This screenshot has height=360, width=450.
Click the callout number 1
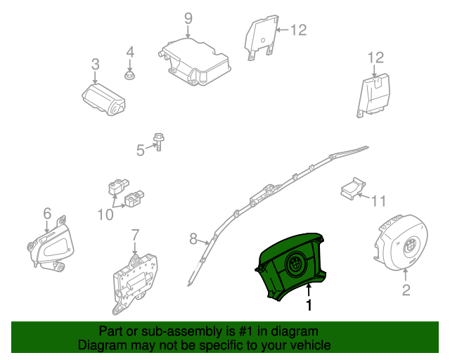308,306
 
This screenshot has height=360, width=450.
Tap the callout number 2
406,290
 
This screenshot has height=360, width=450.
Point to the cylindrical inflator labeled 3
103,99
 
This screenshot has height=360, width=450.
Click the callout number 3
96,65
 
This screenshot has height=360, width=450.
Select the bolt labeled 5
160,144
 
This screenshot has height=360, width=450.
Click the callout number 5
140,149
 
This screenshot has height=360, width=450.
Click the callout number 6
47,212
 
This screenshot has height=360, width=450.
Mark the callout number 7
135,234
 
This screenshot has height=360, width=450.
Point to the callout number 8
194,240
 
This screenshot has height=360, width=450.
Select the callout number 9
188,18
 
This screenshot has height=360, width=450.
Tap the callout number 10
105,214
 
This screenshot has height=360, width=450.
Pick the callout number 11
378,202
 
